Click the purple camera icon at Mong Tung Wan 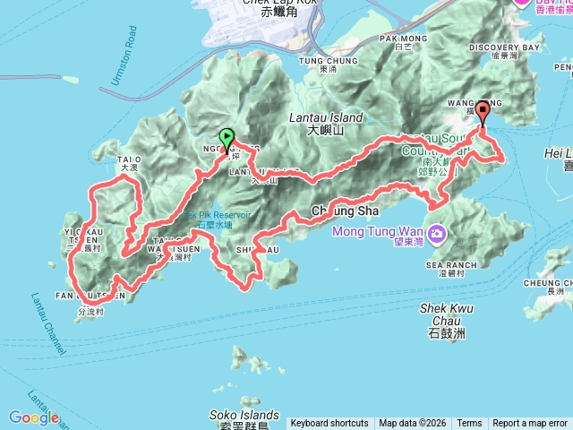pyautogui.click(x=437, y=234)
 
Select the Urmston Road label pyautogui.click(x=120, y=63)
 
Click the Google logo pyautogui.click(x=34, y=417)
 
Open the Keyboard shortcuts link pyautogui.click(x=329, y=424)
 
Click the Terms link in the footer pyautogui.click(x=469, y=424)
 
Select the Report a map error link pyautogui.click(x=531, y=424)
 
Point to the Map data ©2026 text pyautogui.click(x=412, y=424)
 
